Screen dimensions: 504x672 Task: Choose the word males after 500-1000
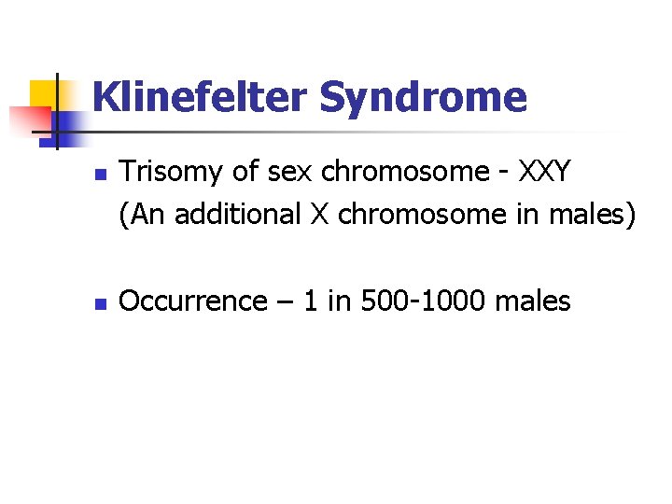[532, 301]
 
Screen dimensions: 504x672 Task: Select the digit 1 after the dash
[306, 301]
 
